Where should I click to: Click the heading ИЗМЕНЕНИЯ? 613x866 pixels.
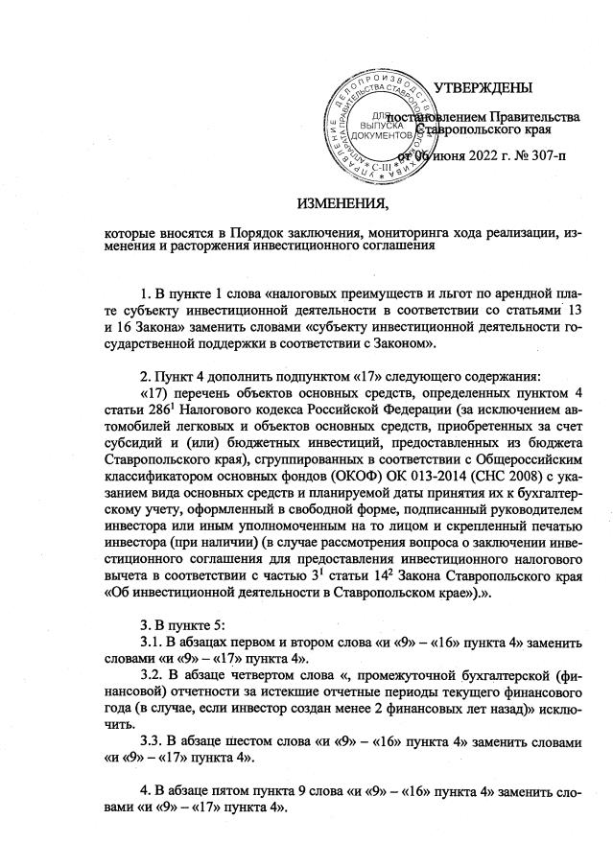coord(343,205)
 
